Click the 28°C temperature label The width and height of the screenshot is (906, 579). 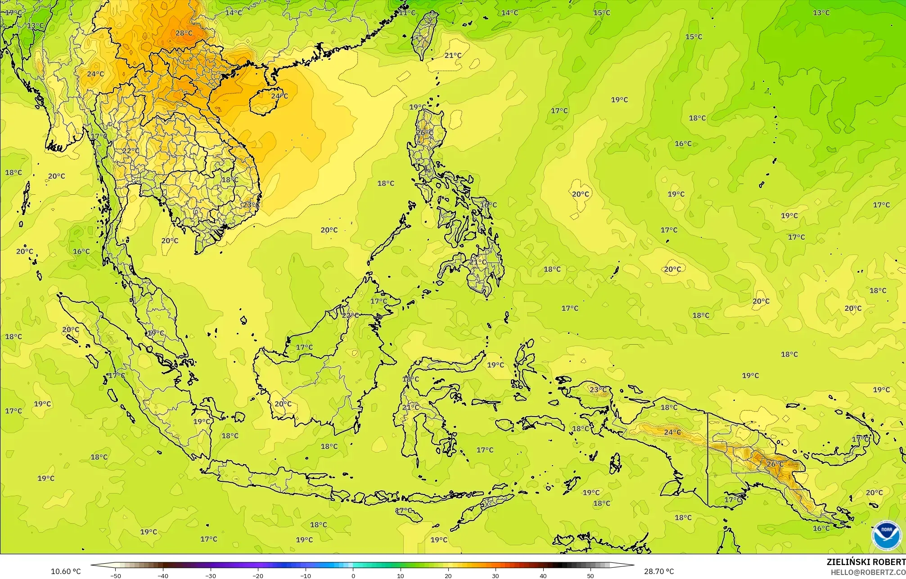(184, 33)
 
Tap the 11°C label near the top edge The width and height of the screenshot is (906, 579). (407, 13)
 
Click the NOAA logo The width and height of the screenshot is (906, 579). (886, 535)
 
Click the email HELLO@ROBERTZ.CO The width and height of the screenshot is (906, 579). (868, 572)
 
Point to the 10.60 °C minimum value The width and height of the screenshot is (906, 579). (66, 571)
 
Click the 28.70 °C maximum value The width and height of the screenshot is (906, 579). (658, 571)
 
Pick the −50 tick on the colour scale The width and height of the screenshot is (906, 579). (115, 575)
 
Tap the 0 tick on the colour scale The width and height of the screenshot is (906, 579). (353, 575)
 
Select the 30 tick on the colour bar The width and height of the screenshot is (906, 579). (496, 575)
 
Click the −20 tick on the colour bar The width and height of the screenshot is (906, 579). (257, 575)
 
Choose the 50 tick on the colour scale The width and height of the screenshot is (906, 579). (590, 575)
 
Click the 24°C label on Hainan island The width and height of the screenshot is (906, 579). (279, 96)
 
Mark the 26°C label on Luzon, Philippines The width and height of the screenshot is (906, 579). (424, 133)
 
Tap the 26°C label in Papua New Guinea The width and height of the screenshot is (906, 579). (775, 464)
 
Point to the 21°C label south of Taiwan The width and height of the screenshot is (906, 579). (453, 55)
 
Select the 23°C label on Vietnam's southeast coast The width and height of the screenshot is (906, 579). (251, 205)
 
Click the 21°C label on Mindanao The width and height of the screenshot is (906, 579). (478, 262)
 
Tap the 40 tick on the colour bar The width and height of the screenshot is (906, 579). (543, 575)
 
